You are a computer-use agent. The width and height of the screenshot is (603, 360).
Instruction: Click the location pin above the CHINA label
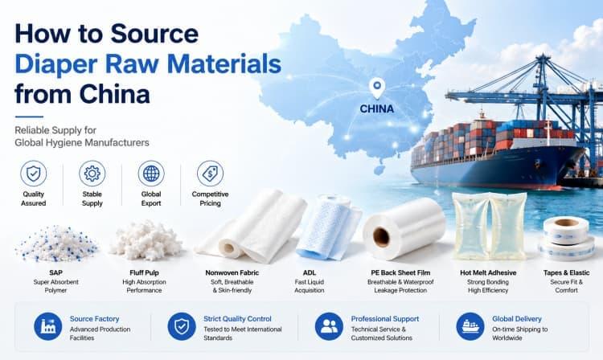377,88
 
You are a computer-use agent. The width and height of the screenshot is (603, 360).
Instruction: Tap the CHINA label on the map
377,109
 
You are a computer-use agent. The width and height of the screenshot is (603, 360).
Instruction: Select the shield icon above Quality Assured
34,174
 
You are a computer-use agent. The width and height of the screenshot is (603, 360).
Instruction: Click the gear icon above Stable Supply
92,174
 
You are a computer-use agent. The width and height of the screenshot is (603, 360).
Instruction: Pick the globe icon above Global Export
151,174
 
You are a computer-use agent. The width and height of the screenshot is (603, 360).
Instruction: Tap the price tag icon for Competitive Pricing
210,174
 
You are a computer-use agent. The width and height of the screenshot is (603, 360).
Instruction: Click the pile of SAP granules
57,243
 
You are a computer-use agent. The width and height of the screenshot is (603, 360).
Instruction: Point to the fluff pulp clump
146,240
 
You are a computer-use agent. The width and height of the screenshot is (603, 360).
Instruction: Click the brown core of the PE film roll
381,237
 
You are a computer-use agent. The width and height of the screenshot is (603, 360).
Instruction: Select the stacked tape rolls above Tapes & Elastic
565,237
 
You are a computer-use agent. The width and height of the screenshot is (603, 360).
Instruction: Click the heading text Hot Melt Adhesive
488,272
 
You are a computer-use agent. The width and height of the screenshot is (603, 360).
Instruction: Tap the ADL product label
310,272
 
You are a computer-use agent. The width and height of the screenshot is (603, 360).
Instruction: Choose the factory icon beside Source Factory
47,326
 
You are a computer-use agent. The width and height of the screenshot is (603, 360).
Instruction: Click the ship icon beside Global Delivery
470,326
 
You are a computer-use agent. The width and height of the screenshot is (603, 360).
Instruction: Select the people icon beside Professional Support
329,326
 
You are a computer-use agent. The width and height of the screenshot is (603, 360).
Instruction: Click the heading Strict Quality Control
237,319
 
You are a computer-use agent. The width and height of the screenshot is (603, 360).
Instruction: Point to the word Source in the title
154,34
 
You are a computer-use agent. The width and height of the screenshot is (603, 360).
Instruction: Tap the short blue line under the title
29,117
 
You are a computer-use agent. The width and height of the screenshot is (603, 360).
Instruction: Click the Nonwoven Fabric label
232,272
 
